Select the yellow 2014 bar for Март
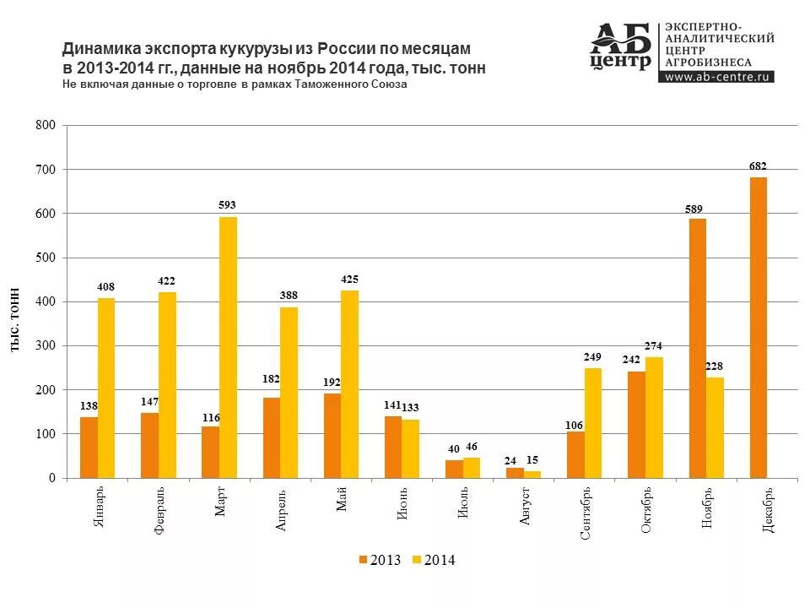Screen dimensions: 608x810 coord(228,347)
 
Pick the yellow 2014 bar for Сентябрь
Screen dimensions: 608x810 coord(593,423)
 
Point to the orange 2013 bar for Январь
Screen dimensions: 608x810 coord(89,448)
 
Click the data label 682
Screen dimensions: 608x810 coord(758,166)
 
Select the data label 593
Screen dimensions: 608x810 coord(228,205)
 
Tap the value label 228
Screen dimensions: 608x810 coord(715,366)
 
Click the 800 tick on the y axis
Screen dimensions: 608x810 coord(46,126)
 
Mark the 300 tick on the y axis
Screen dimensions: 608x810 coord(46,346)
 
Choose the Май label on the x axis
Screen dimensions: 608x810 coord(341,502)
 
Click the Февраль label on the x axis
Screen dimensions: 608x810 coord(159,510)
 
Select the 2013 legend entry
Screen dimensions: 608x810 coord(379,560)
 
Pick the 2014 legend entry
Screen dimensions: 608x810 coord(433,560)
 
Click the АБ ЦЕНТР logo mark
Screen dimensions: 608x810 coord(621,46)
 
